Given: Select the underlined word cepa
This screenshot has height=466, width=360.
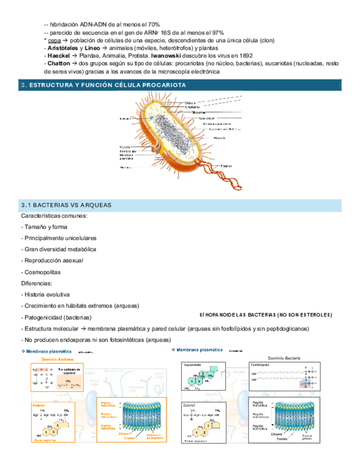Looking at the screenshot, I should coord(54,40).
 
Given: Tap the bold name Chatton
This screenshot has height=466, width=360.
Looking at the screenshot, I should coord(59,63).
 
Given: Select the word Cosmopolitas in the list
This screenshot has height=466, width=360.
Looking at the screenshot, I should coord(42,272).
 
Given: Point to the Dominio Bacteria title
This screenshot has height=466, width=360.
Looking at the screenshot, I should coord(284,358).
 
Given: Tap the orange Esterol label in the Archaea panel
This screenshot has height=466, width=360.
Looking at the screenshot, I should coord(38,405).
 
